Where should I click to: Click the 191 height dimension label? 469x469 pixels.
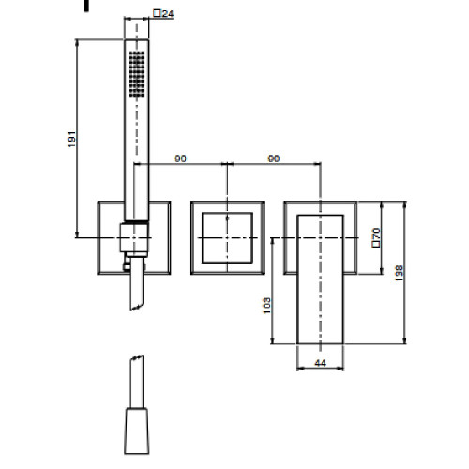(x=72, y=139)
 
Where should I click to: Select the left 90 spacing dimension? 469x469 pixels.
(x=180, y=159)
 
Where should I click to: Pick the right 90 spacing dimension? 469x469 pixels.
(x=274, y=159)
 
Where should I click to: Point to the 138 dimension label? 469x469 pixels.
(x=400, y=273)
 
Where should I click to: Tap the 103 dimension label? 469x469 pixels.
(x=266, y=306)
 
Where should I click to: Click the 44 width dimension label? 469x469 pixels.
(x=321, y=363)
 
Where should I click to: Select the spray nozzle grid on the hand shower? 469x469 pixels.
(x=137, y=74)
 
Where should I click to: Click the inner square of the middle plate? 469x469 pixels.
(x=227, y=238)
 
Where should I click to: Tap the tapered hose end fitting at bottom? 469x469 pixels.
(x=137, y=431)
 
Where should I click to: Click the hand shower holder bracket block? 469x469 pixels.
(x=134, y=238)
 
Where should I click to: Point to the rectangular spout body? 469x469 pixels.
(x=320, y=280)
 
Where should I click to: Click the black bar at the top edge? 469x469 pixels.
(x=86, y=6)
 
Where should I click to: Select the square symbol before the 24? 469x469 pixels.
(x=157, y=13)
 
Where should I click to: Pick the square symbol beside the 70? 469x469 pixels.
(x=376, y=244)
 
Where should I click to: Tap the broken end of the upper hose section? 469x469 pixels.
(x=137, y=307)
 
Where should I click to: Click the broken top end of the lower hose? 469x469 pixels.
(x=137, y=358)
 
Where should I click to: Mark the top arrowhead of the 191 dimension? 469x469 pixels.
(x=77, y=43)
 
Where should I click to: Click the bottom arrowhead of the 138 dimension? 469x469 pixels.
(x=405, y=340)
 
